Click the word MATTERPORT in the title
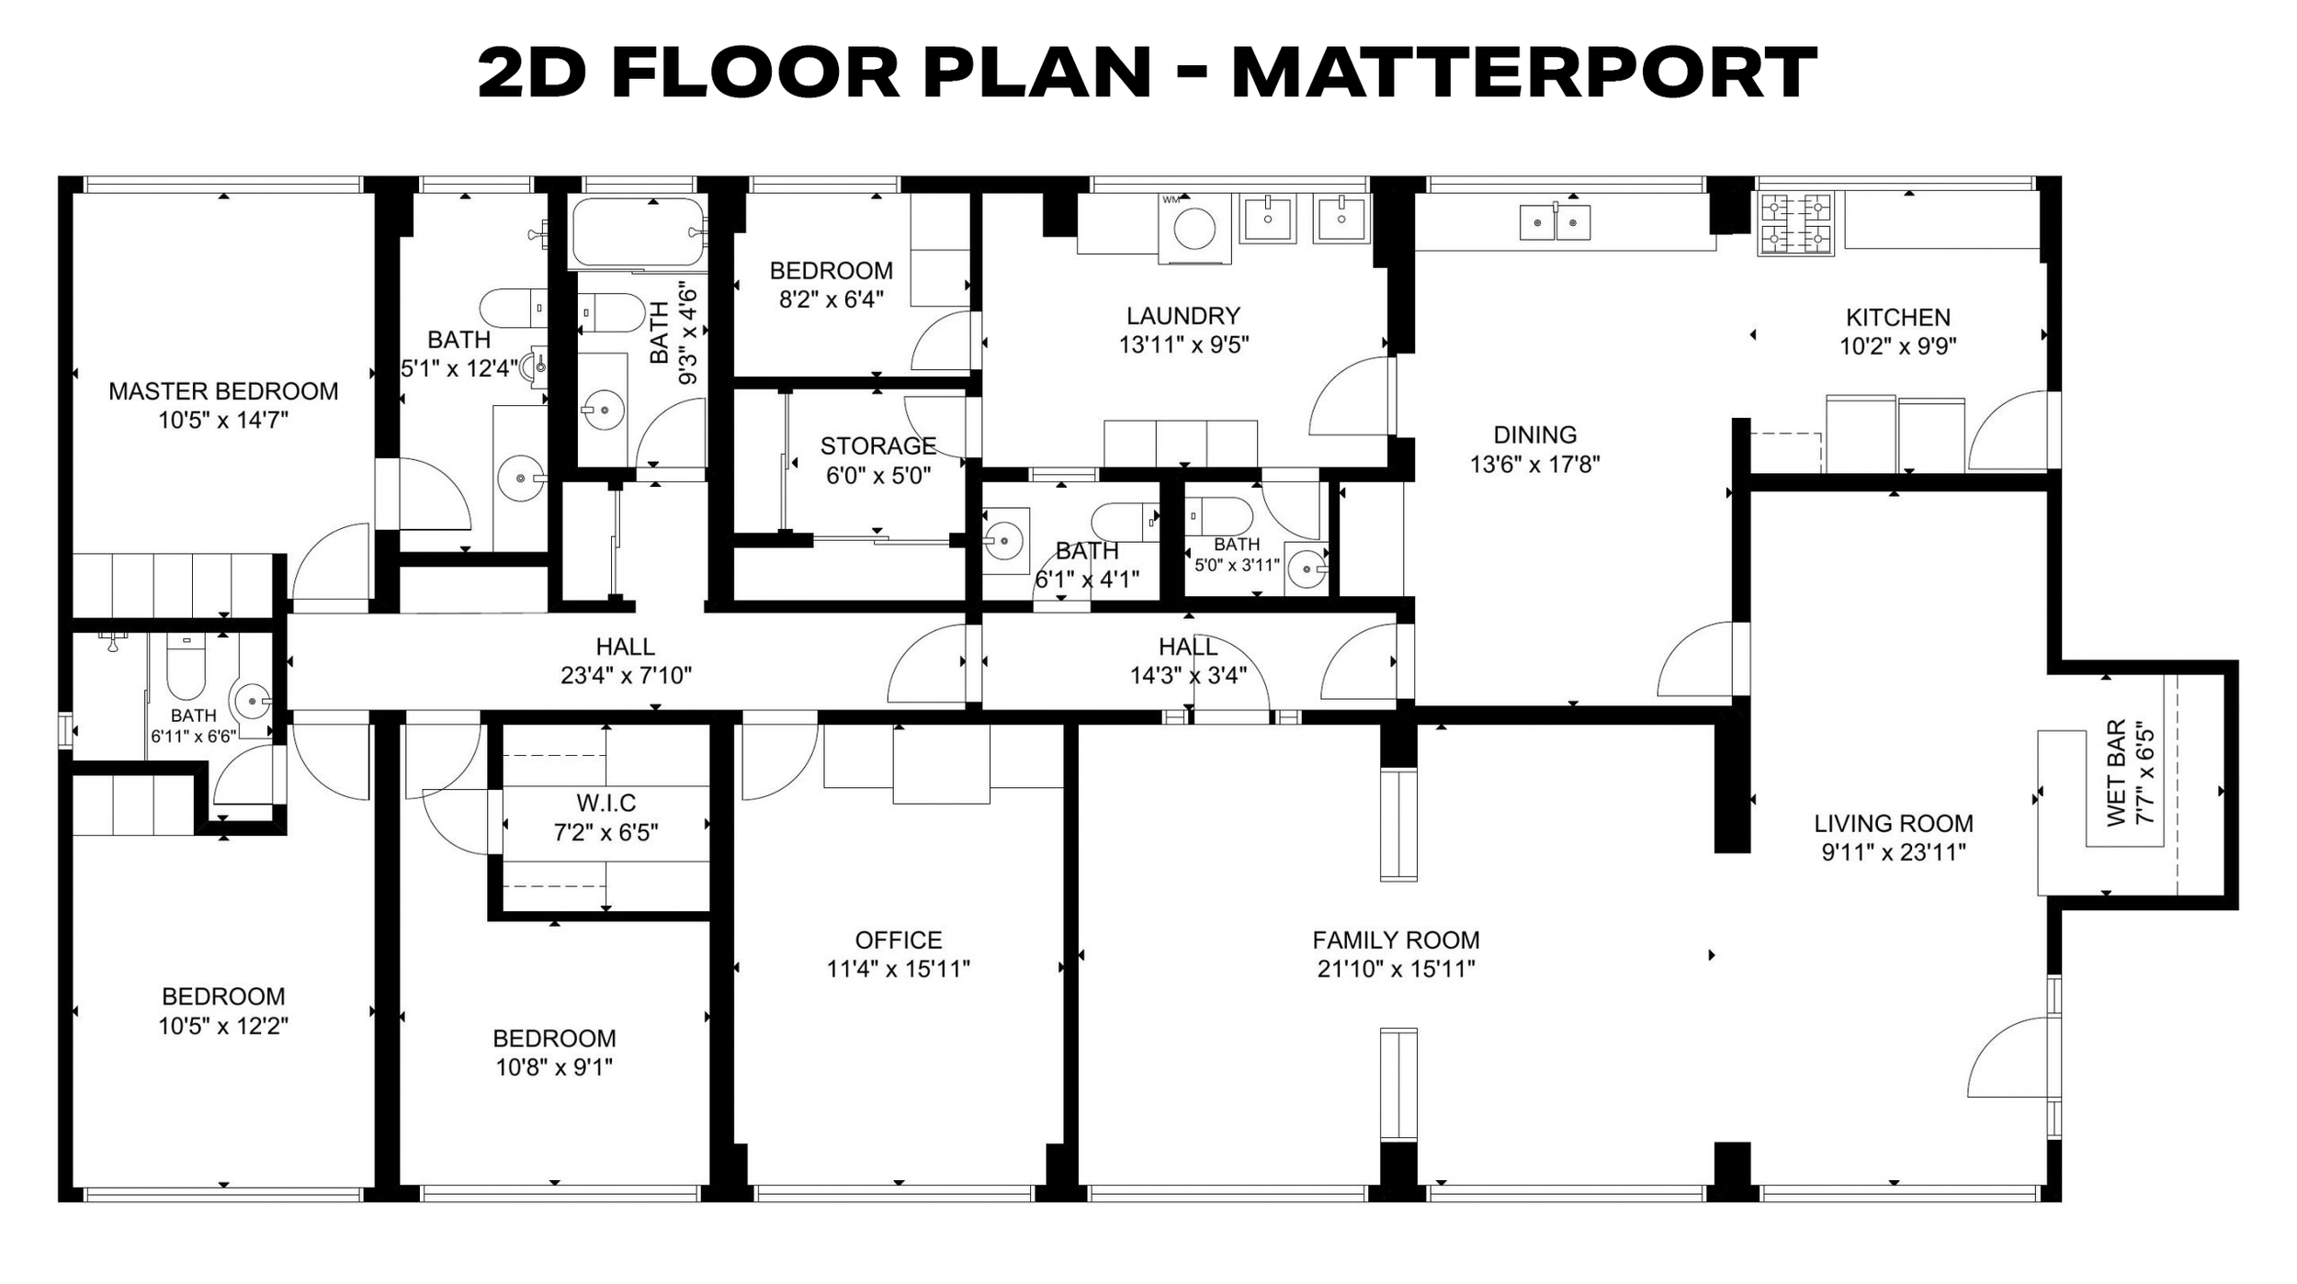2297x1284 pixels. [1523, 73]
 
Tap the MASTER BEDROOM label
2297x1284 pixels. [223, 391]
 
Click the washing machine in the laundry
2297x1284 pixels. [1194, 229]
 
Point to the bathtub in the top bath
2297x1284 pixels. [639, 231]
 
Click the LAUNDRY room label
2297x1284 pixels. [1183, 316]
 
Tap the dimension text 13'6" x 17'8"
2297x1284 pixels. [1535, 465]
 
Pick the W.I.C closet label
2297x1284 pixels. [606, 804]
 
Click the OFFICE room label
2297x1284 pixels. [899, 940]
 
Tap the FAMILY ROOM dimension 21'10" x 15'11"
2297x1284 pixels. [1397, 969]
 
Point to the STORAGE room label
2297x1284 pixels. [878, 446]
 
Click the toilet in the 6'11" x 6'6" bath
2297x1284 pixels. [186, 668]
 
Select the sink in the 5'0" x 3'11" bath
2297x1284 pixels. [1307, 569]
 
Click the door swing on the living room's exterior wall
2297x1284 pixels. [2008, 1056]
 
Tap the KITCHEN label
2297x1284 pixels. [1898, 318]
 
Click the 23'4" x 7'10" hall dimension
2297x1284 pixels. [626, 676]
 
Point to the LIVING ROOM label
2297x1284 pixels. [1894, 824]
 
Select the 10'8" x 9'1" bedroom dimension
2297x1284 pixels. [554, 1067]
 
